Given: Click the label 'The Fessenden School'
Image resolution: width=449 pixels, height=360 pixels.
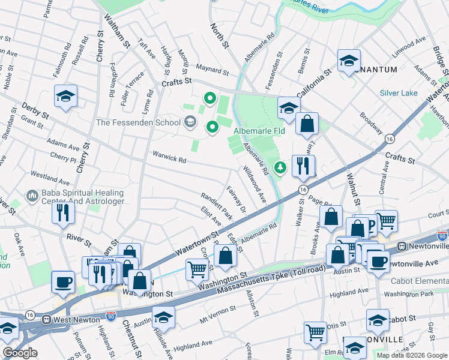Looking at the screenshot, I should click(138, 123).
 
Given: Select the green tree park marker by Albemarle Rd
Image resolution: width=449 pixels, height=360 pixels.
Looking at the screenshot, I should click(279, 167).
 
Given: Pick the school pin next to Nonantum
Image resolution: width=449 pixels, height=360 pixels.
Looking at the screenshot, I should click(349, 61).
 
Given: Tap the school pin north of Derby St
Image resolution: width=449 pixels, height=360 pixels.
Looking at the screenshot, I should click(66, 95).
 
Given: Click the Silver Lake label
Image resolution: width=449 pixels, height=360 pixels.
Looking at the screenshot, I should click(398, 93).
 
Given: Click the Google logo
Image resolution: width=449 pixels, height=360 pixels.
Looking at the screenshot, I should click(20, 353).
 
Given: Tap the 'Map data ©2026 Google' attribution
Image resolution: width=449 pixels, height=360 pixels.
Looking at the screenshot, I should click(411, 355).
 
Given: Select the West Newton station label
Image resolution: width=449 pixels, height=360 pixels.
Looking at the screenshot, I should click(76, 320).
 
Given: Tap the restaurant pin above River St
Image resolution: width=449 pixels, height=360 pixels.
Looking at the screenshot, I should click(62, 212).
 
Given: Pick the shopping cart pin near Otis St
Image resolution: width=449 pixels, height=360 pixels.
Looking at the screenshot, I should click(315, 332).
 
